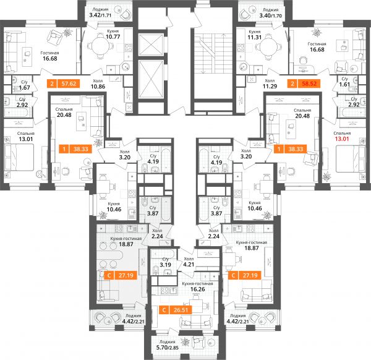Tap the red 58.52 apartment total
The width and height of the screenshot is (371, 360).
pos(310,84)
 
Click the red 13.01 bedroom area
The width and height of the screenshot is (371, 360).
pos(342,139)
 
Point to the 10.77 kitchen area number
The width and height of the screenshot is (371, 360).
pos(113,36)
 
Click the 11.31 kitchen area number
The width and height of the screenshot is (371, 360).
pos(254,37)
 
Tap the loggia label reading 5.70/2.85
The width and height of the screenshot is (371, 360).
pos(168,348)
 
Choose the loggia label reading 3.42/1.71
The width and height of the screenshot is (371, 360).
pos(100,15)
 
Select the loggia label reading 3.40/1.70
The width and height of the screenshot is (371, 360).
pos(270,15)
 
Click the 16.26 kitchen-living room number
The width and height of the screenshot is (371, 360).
pos(198,289)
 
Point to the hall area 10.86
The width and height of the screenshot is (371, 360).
pos(98,87)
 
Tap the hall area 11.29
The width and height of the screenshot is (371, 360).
pos(270,86)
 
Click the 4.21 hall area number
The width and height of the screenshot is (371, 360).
pos(189,264)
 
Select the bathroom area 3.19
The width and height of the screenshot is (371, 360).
pos(165,265)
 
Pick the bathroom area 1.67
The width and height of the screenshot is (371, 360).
pos(24,88)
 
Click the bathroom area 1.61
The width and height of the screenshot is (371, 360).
pos(344,84)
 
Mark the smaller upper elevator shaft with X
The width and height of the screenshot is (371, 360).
pos(151,45)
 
